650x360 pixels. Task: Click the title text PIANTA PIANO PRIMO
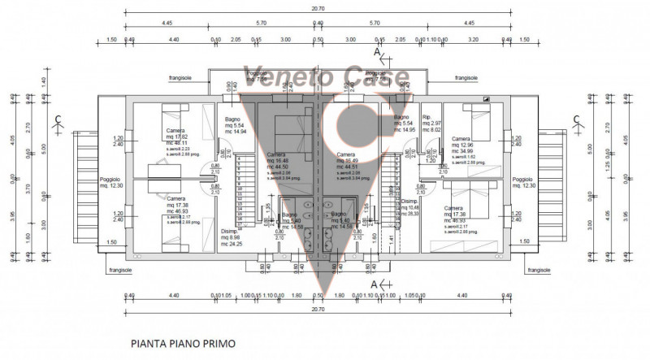183,344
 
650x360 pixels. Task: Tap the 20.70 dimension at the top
318,7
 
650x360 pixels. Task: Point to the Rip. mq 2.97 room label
431,122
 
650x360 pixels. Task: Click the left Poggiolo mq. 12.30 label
113,183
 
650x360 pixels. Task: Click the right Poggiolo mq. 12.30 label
523,183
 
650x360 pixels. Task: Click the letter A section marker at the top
375,52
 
